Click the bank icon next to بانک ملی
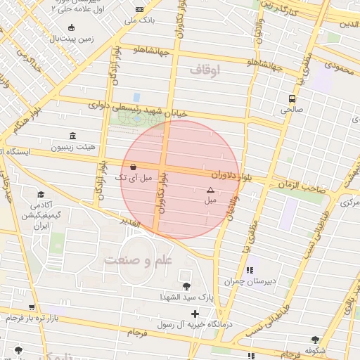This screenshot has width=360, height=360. click(x=139, y=8)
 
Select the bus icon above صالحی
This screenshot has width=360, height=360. click(x=291, y=98)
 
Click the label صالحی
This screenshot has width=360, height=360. click(x=291, y=110)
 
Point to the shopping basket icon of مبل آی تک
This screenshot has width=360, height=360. click(x=134, y=167)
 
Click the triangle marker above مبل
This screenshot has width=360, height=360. click(x=210, y=190)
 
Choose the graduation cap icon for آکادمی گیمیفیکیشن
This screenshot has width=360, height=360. click(x=41, y=194)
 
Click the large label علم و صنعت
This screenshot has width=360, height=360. click(x=138, y=260)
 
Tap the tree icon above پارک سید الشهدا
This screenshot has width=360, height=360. click(x=186, y=285)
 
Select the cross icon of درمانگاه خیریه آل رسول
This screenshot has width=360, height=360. click(x=195, y=314)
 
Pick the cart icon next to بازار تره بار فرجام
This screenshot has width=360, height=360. click(x=32, y=307)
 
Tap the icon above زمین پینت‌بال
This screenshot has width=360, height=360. click(x=70, y=28)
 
